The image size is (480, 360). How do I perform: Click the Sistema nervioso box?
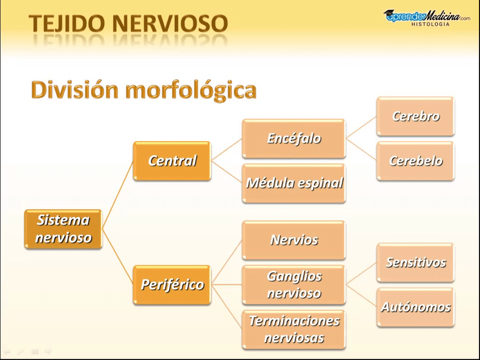63,229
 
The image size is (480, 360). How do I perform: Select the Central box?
172,161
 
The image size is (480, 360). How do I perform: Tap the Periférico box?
172,284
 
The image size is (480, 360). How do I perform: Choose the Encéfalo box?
294,139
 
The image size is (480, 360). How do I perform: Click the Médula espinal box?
294,183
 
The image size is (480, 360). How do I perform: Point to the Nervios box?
294,240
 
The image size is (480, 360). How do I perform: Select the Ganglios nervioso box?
294,284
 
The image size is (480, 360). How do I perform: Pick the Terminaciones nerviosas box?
294,329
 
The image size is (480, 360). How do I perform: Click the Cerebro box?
415,116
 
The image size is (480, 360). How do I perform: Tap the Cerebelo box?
415,161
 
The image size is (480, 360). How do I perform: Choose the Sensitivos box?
415,262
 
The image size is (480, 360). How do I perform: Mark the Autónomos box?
415,307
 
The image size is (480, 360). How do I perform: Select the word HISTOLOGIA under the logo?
430,24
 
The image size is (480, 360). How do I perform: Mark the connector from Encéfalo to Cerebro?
361,127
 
